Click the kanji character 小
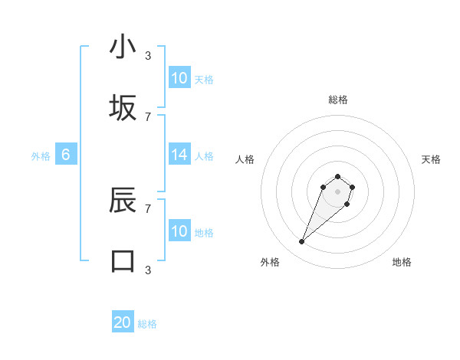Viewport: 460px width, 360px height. [x=123, y=47]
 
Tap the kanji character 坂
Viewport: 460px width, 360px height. [x=123, y=108]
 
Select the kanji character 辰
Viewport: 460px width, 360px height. [x=123, y=200]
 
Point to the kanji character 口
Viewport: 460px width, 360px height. [x=123, y=261]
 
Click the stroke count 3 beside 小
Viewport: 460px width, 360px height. [x=148, y=56]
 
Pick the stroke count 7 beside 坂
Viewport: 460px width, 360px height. [x=148, y=116]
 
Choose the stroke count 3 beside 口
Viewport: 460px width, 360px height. [x=148, y=270]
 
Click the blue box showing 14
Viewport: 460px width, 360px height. [x=179, y=155]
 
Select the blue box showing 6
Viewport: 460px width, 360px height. [x=66, y=155]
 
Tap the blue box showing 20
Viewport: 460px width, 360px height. [x=123, y=323]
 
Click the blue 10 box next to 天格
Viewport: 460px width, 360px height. [x=179, y=78]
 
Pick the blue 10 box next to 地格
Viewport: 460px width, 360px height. [x=179, y=231]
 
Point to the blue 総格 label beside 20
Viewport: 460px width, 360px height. [x=147, y=324]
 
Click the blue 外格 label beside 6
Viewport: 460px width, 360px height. [x=41, y=156]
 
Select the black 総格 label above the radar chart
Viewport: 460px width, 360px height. [x=338, y=100]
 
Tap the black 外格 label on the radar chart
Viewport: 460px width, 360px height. [x=270, y=262]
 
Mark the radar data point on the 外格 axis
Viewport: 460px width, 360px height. [x=302, y=242]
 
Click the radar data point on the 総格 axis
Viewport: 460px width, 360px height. [x=338, y=177]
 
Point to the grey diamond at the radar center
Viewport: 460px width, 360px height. [x=338, y=191]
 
